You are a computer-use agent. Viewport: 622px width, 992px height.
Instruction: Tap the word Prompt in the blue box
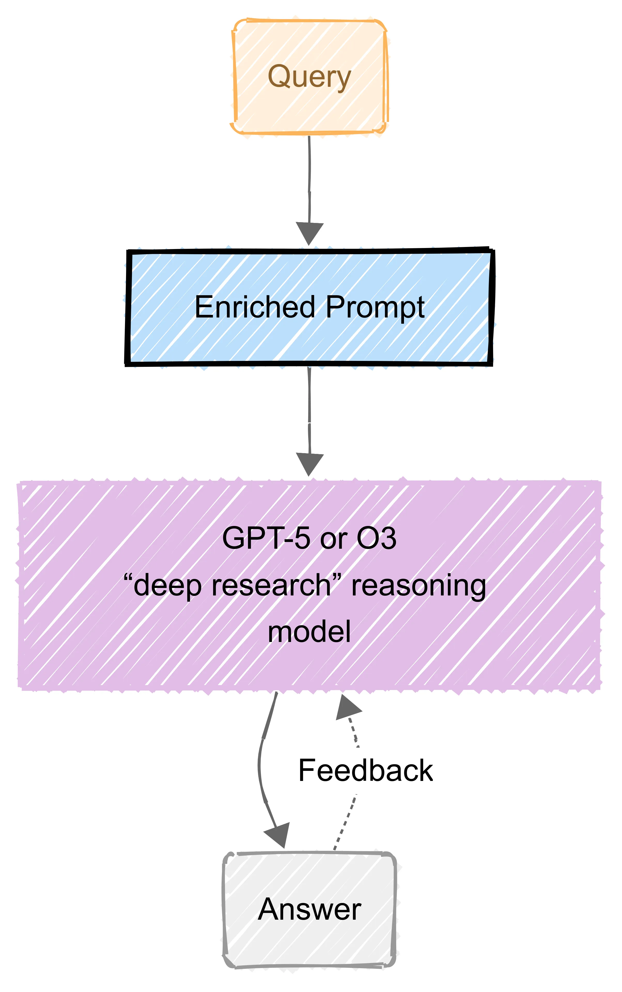375,308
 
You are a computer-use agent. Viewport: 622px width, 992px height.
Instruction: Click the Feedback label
365,770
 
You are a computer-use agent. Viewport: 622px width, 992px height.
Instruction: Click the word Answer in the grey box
309,909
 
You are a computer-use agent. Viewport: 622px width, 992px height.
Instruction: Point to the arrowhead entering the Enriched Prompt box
309,233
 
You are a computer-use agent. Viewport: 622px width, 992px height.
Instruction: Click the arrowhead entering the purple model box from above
309,464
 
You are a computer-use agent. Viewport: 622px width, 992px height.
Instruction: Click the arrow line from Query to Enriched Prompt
309,177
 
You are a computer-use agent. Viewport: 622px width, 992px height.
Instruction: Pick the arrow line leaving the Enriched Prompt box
309,407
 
